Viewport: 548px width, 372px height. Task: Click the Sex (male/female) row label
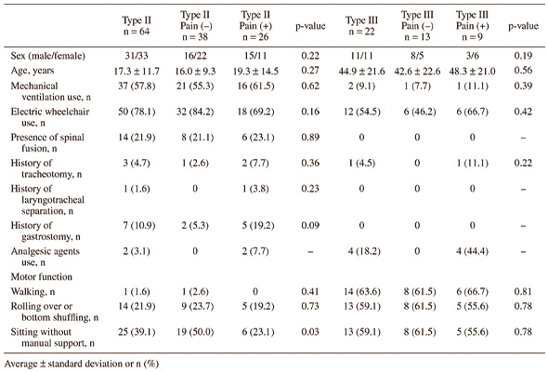click(48, 56)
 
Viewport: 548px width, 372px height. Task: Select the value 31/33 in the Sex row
click(137, 56)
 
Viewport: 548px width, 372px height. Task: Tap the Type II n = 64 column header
click(137, 26)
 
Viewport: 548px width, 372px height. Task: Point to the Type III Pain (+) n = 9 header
click(472, 26)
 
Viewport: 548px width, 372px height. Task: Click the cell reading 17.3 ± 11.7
click(137, 71)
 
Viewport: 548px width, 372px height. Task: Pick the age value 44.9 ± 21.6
click(361, 72)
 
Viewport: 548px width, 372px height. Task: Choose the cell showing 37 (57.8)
click(137, 86)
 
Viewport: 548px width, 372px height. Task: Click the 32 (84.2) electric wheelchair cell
click(195, 112)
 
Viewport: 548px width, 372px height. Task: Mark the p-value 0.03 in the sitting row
click(310, 332)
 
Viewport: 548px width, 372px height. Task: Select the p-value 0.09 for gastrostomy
click(310, 225)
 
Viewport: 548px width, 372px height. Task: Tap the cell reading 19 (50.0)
click(195, 332)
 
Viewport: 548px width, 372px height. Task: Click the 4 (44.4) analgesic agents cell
click(472, 251)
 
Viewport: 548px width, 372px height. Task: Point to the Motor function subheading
click(42, 277)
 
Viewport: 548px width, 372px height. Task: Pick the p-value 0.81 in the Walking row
click(523, 291)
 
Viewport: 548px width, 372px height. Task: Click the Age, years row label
click(33, 71)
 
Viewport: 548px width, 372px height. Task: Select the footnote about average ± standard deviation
click(82, 364)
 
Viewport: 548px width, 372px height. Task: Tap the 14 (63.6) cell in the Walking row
click(361, 291)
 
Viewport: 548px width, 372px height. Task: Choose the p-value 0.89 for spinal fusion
click(310, 138)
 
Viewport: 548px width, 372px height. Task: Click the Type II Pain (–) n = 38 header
click(195, 26)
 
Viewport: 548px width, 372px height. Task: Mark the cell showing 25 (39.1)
click(137, 332)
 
